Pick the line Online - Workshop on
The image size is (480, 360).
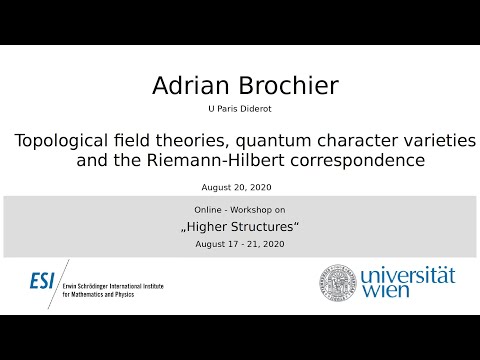click(x=240, y=207)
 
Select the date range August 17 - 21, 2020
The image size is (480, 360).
click(x=240, y=243)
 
